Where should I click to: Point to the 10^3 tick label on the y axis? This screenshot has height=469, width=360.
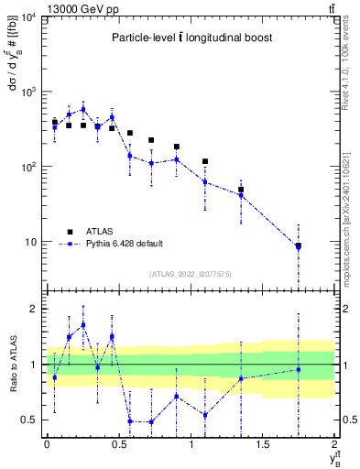pyautogui.click(x=27, y=93)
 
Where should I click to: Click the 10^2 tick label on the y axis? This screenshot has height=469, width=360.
pyautogui.click(x=27, y=167)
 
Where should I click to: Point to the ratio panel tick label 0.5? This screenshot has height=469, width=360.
pyautogui.click(x=30, y=420)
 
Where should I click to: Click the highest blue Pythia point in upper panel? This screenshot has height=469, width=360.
pyautogui.click(x=83, y=109)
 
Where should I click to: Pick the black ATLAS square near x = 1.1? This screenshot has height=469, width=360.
pyautogui.click(x=205, y=161)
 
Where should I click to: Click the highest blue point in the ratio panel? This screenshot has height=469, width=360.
pyautogui.click(x=83, y=324)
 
